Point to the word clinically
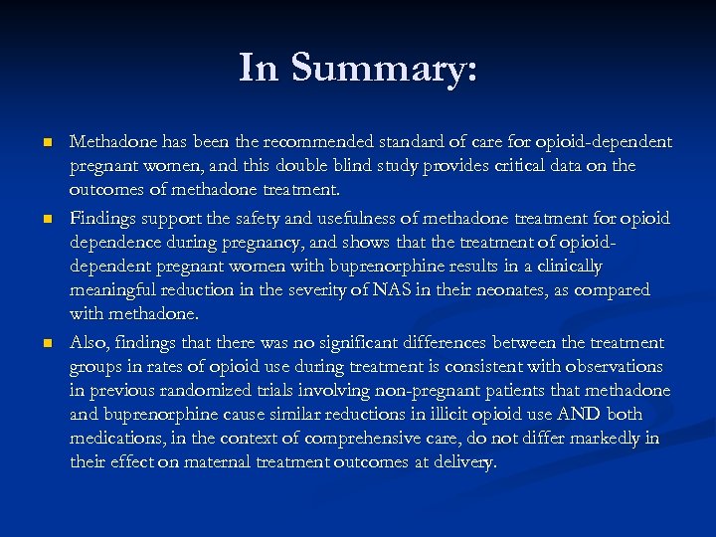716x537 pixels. (x=568, y=266)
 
